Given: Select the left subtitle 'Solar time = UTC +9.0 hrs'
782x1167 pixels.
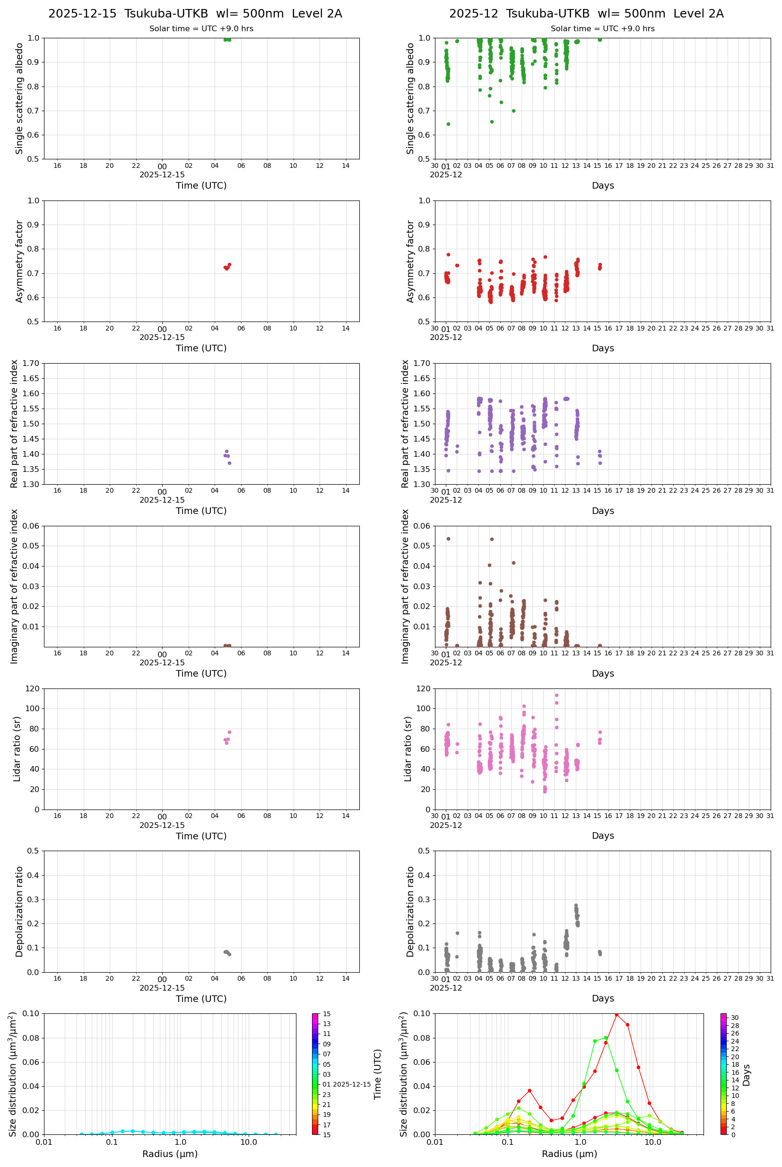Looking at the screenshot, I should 201,29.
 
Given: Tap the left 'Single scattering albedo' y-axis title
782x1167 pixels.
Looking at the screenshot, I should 19,98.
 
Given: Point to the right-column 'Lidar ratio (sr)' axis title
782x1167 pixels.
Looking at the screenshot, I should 408,749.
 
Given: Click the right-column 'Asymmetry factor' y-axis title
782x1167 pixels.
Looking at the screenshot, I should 410,261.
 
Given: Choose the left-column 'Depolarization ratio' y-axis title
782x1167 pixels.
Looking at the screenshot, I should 19,912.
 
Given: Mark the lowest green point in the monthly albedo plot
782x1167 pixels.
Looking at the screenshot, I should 448,124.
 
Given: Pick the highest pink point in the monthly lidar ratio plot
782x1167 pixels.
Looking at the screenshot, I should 556,695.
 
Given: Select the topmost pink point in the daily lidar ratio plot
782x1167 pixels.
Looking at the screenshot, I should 229,732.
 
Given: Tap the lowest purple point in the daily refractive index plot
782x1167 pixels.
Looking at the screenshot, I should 229,463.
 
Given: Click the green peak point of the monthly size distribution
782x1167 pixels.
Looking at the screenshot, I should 606,1038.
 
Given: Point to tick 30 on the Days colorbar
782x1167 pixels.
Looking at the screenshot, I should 735,1018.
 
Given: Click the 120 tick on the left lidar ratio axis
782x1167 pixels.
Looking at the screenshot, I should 33,689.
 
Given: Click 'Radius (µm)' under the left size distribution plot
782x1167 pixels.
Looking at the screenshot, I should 170,1154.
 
